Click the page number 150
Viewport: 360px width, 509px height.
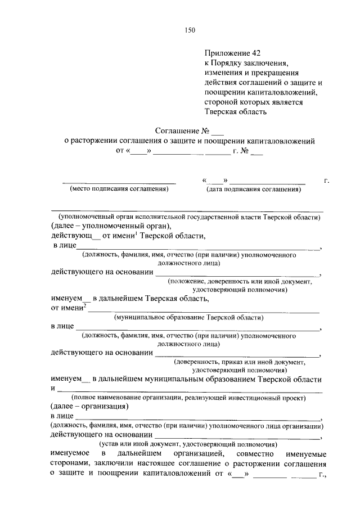189,30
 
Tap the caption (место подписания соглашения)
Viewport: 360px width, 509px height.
119,190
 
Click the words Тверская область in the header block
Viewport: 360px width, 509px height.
235,111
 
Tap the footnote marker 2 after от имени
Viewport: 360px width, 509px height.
84,305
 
